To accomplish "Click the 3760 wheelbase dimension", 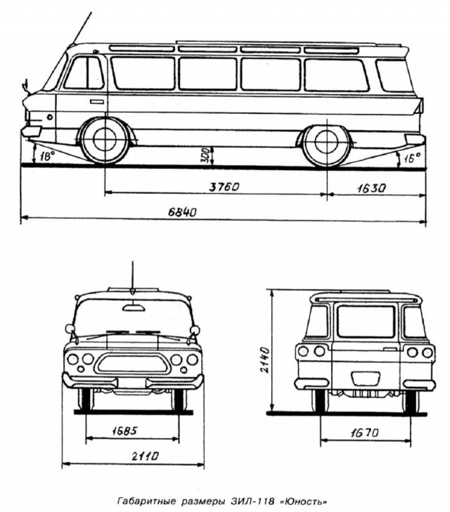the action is pos(224,187).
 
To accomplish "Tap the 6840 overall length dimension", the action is pos(182,212).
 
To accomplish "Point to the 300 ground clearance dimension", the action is pos(205,156).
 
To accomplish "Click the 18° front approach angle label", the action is pos(46,156).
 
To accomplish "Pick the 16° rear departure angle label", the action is pos(412,158).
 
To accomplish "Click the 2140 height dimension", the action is pos(264,360).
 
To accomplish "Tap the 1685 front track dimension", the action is pos(124,431).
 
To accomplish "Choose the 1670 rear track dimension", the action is pos(365,433).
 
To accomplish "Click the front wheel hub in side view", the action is pos(105,139).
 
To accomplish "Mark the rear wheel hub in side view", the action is pos(326,142).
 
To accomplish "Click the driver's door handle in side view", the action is pos(96,102).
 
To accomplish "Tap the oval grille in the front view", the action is pos(132,364).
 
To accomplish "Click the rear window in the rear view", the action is pos(366,321).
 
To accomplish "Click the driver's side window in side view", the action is pos(84,73).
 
